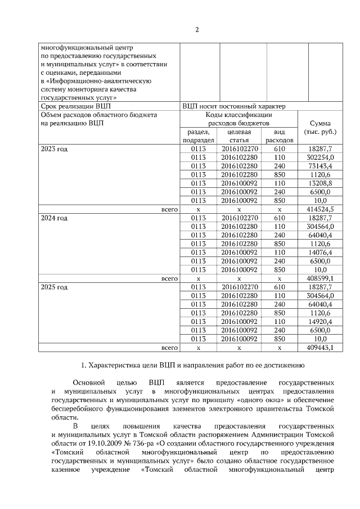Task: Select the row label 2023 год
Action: click(x=54, y=149)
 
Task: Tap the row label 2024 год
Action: click(x=54, y=218)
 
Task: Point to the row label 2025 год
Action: click(x=54, y=287)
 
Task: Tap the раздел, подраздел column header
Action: click(x=198, y=136)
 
